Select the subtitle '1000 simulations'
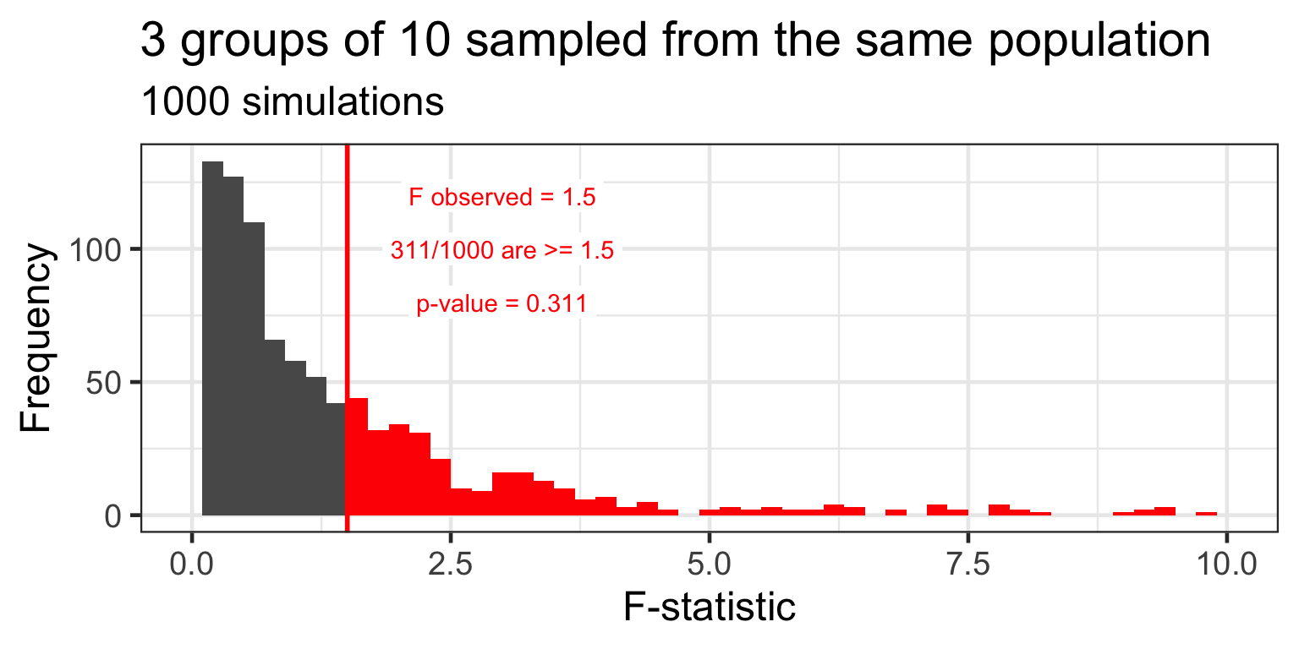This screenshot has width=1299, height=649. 292,103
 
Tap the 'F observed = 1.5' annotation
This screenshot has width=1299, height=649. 502,198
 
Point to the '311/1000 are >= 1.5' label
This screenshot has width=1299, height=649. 502,251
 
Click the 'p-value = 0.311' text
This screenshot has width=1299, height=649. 502,304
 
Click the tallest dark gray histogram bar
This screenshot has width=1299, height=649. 212,338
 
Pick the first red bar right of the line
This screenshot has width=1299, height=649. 357,456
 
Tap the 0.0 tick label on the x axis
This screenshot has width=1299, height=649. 192,564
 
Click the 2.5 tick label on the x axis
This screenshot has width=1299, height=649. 451,564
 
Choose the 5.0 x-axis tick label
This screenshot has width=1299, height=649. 710,564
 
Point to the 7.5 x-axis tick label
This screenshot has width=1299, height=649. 968,564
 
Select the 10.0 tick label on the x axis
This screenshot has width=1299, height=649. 1226,564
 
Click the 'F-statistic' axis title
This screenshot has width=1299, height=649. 710,608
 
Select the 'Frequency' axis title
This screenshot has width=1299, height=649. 36,338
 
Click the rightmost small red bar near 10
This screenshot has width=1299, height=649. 1206,513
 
